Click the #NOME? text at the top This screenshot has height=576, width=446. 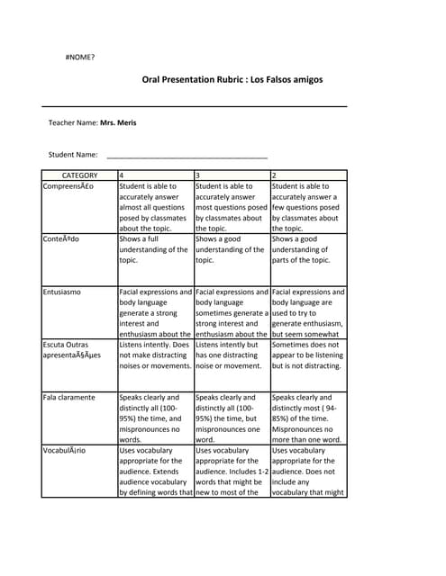coord(80,57)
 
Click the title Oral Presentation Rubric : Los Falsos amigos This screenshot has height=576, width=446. coord(232,79)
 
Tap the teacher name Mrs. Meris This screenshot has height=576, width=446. coord(119,122)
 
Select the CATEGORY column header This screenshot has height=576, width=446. coord(79,175)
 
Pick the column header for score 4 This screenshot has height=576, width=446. coord(122,175)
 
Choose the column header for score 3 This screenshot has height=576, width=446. coord(198,175)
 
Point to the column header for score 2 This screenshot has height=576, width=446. coord(274,175)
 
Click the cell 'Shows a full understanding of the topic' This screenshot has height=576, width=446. coord(155,249)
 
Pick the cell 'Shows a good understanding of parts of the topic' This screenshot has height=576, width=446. coord(307,249)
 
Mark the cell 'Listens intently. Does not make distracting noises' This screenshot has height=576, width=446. coord(155,355)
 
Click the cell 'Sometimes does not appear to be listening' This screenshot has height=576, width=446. coord(307,355)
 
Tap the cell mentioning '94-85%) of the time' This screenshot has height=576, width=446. coord(307,418)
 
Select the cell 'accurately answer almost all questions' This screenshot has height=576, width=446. coord(155,207)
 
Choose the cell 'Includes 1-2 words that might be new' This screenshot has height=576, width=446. coord(232,471)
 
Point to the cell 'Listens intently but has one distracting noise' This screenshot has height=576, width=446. coord(232,355)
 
